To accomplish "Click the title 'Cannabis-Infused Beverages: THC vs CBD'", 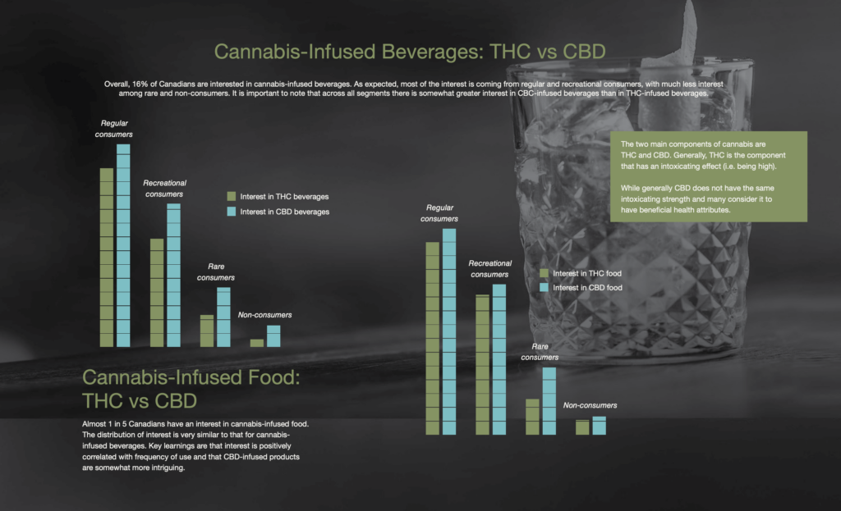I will [x=410, y=52].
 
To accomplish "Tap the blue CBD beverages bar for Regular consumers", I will [x=123, y=245].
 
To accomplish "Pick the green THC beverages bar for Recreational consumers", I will [x=156, y=292].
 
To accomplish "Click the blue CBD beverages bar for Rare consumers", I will [x=223, y=317].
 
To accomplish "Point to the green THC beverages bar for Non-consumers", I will [x=256, y=343].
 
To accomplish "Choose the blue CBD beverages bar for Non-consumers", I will [x=273, y=336].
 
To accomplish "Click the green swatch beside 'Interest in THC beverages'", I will [x=232, y=197].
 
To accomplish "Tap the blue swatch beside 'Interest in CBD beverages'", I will [x=232, y=212].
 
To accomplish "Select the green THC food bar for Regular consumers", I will [x=432, y=338].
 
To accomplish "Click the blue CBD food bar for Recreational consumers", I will [x=499, y=358].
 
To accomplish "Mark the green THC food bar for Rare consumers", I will [x=532, y=416].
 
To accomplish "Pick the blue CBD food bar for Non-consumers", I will [x=599, y=425].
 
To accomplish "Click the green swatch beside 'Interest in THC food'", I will [x=544, y=273].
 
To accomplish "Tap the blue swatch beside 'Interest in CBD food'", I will [x=544, y=288].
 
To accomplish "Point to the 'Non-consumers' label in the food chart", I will [x=590, y=405].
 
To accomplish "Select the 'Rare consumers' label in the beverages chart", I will [x=216, y=272].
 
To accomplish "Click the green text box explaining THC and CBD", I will [x=709, y=176].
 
